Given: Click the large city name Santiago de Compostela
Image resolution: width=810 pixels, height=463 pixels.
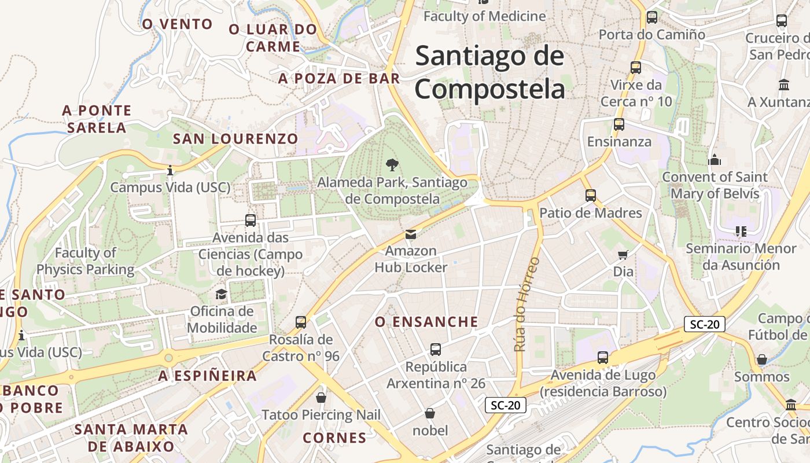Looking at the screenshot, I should click(x=489, y=73).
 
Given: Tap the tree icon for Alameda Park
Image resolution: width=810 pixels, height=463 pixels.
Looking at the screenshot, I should click(x=392, y=165).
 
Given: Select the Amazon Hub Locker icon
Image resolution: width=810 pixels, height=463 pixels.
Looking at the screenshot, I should click(x=410, y=234).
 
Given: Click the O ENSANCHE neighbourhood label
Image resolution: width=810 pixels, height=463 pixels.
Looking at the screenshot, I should click(x=426, y=322).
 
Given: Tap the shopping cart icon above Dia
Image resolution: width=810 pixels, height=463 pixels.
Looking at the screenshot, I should click(x=623, y=255).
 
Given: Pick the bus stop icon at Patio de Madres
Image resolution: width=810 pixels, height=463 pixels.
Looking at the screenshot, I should click(x=590, y=196).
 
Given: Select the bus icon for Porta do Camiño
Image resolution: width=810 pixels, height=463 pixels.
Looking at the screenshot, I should click(x=652, y=17).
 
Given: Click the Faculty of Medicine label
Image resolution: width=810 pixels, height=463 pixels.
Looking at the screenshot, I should click(x=484, y=16).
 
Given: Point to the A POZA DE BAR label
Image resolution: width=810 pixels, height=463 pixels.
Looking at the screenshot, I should click(x=339, y=79).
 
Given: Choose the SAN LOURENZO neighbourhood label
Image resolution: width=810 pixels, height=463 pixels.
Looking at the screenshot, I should click(x=235, y=139).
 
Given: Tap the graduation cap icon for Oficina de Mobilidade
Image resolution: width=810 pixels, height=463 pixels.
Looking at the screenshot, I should click(x=222, y=295).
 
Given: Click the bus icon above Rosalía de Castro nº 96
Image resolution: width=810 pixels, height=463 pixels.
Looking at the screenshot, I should click(x=301, y=322).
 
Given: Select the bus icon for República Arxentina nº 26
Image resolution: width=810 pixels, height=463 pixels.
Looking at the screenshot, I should click(x=436, y=350).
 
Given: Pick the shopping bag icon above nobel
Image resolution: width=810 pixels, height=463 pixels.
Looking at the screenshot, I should click(x=430, y=413).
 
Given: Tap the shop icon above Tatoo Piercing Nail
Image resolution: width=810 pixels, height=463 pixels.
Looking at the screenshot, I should click(x=321, y=398).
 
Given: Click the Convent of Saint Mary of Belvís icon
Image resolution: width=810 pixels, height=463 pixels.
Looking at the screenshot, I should click(x=715, y=160).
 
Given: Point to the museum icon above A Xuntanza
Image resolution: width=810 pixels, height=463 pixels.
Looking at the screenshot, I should click(x=784, y=85).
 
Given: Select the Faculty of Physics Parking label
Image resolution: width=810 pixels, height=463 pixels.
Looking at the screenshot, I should click(x=86, y=261).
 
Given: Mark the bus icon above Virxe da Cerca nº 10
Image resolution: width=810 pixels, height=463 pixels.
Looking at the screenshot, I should click(x=636, y=68).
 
